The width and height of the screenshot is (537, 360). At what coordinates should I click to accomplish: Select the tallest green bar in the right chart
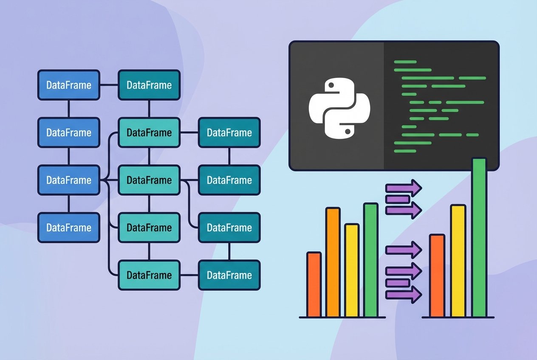coord(479,238)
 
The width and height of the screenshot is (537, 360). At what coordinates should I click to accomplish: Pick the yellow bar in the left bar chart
coord(352,270)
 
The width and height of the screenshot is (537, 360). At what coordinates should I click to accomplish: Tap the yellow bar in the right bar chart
coord(458,261)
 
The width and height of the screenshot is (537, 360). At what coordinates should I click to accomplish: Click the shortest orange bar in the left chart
coord(314,284)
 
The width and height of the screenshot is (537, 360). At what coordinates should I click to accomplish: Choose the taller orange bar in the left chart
coord(333,262)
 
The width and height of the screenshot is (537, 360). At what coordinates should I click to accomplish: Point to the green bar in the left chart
coord(370,260)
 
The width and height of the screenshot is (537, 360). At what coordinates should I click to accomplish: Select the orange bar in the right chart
coord(437,276)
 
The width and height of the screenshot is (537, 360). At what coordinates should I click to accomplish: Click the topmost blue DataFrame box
coord(68,85)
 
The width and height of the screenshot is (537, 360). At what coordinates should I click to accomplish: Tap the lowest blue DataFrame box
coord(68,228)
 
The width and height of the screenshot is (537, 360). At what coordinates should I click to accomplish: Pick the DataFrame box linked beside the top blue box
coord(149,85)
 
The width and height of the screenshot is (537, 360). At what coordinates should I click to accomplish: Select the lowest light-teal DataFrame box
coord(149,275)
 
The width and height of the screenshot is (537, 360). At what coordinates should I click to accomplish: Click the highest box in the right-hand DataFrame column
coord(229,132)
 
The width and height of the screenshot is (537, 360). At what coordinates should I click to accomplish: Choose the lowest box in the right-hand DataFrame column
coord(229,275)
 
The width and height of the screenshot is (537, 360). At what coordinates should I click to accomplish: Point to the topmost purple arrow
coord(403,187)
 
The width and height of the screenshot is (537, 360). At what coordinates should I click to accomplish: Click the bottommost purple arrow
coord(403,294)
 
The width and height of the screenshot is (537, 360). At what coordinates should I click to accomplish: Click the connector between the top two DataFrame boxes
coord(109,85)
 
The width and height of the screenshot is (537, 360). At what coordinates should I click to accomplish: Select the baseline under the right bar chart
coord(458,317)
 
